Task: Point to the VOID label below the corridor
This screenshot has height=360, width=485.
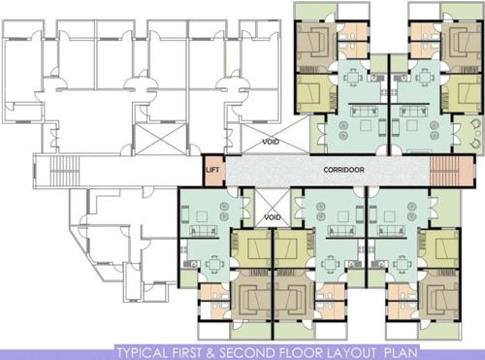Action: (x=273, y=218)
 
